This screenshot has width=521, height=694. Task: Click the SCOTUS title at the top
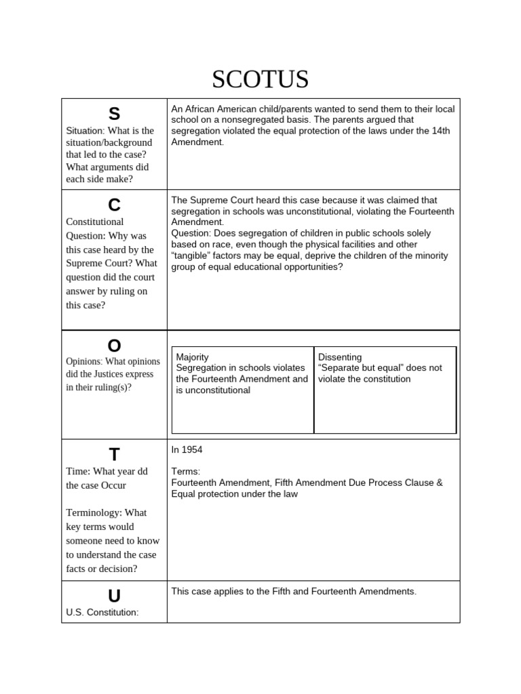click(x=260, y=79)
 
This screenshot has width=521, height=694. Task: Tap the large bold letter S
click(x=114, y=115)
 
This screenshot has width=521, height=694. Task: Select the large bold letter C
click(x=114, y=205)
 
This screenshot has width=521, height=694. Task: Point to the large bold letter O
click(x=114, y=346)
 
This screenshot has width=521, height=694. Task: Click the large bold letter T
click(x=114, y=455)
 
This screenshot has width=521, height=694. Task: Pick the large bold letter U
click(x=114, y=596)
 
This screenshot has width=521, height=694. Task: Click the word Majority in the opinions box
click(x=193, y=357)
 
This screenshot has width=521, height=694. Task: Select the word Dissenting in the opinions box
click(x=340, y=357)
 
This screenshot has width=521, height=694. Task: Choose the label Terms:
click(x=185, y=471)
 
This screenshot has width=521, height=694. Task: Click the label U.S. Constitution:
click(x=102, y=613)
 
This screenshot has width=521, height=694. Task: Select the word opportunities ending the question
click(x=307, y=266)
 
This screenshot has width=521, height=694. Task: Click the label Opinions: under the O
click(x=85, y=361)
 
